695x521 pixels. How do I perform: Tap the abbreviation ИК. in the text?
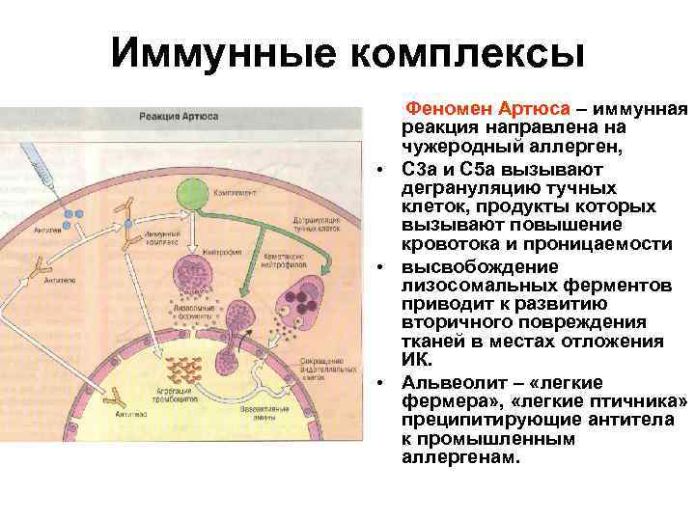click(x=416, y=361)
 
